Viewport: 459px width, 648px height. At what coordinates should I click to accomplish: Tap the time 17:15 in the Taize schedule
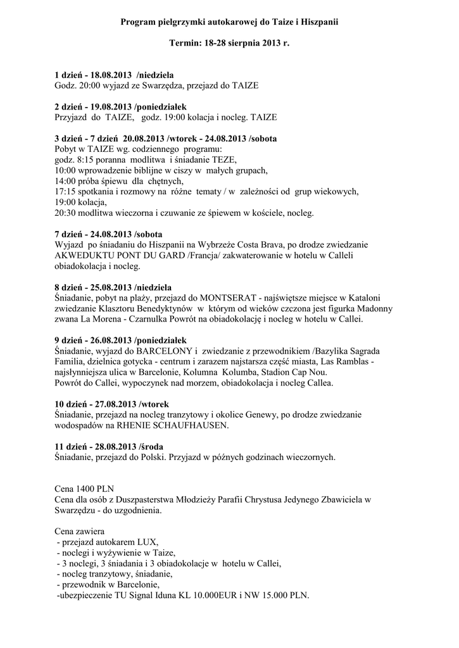66,191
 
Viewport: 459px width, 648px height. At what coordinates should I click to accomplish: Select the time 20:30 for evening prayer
66,213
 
